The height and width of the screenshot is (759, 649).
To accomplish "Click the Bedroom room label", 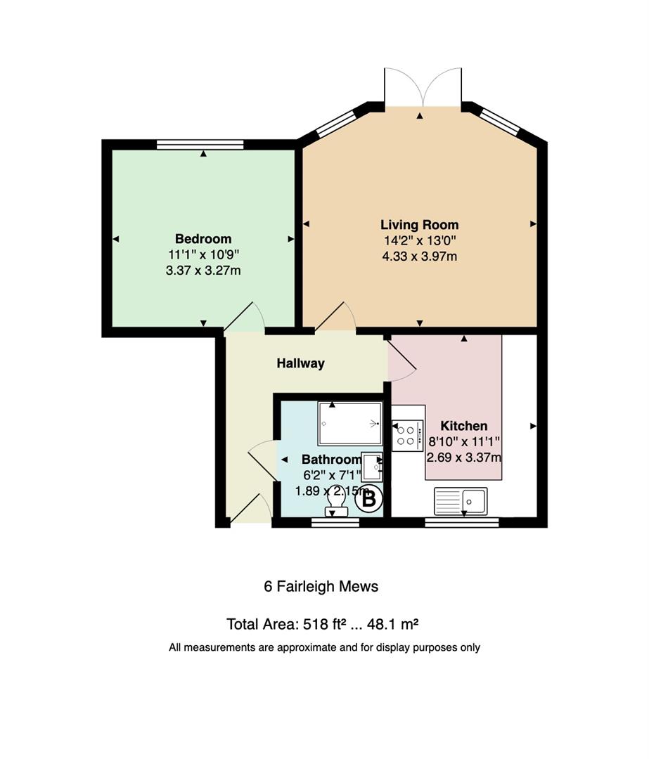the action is (x=203, y=239).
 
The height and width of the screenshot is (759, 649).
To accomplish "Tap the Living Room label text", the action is (x=420, y=225).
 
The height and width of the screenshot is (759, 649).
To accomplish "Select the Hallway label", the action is (x=300, y=363).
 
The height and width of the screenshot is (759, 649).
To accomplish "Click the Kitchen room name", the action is (x=463, y=426).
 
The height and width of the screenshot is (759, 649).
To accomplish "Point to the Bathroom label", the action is (x=331, y=460).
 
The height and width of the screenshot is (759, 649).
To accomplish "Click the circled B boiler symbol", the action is (x=369, y=498).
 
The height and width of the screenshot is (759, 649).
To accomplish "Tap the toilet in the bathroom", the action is (x=337, y=503).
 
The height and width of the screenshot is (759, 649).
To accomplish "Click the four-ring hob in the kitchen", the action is (x=407, y=435).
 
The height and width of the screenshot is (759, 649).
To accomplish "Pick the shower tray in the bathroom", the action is (x=349, y=424).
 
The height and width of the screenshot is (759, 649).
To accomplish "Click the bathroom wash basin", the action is (x=373, y=467).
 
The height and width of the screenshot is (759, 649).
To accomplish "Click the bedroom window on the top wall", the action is (x=200, y=144).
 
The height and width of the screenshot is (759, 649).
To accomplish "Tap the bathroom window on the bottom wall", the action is (x=335, y=521).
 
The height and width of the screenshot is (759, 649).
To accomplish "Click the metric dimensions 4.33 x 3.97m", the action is (x=420, y=257).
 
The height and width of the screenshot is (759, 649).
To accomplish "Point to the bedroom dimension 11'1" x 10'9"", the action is (x=203, y=254).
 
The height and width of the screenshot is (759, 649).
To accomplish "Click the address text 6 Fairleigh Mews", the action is (x=321, y=587).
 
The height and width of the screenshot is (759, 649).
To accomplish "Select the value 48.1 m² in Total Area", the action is (x=392, y=625).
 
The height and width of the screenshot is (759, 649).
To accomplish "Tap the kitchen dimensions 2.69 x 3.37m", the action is (x=463, y=458).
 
